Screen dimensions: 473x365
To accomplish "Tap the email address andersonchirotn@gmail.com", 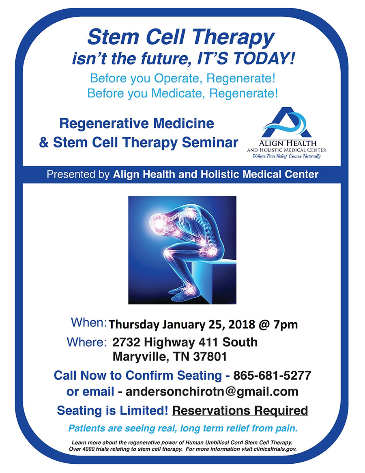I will (x=212, y=392).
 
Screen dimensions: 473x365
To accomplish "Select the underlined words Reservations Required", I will (x=240, y=410).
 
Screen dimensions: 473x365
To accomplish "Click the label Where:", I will (x=86, y=342).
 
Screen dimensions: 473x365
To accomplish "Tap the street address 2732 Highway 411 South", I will (x=185, y=342).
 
